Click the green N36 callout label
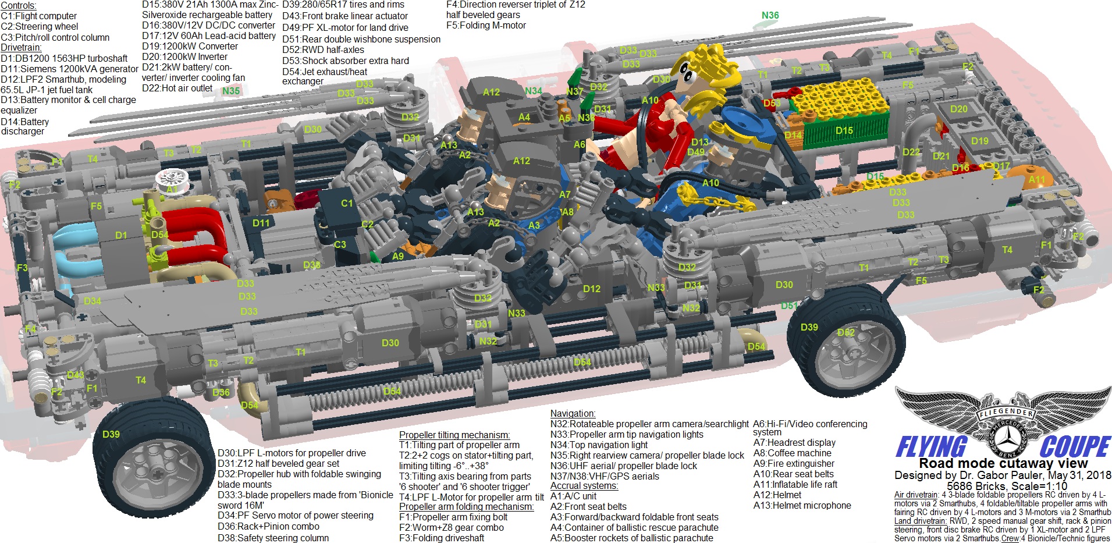coord(770,16)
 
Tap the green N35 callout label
coord(231,91)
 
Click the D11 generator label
coord(261,223)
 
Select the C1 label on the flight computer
coord(347,203)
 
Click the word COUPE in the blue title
coord(1075,447)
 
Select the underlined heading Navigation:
coord(573,413)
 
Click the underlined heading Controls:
coord(19,5)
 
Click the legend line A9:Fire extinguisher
coord(794,463)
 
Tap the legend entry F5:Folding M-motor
coord(486,26)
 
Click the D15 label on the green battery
coord(844,130)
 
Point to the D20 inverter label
coord(958,109)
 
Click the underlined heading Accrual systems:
coord(584,485)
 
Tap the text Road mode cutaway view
coord(1003,463)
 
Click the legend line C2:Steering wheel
coord(40,26)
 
